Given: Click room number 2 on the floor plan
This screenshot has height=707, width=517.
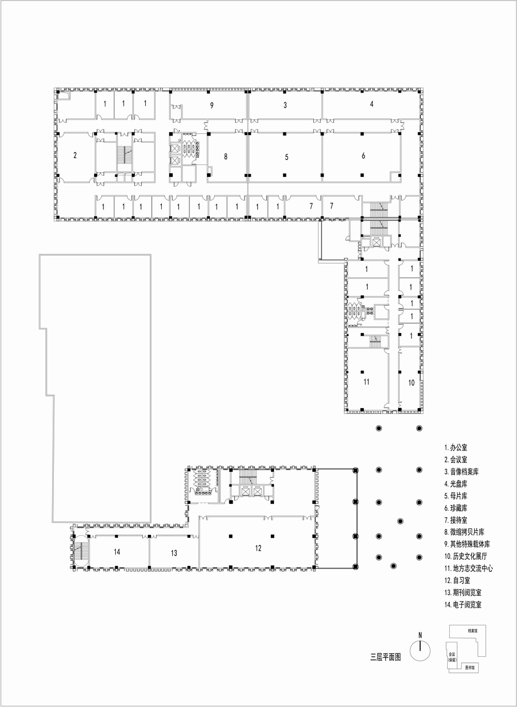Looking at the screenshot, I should click(75, 155).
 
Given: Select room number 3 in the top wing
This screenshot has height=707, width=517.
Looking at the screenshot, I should click(285, 106).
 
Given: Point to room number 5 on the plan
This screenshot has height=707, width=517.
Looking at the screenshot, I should click(286, 157).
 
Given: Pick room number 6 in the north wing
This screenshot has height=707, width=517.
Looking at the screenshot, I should click(363, 156).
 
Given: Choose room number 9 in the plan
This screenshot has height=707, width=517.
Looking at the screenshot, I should click(211, 106).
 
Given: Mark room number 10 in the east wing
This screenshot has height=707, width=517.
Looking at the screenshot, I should click(412, 383).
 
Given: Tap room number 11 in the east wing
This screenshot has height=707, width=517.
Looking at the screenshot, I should click(367, 382).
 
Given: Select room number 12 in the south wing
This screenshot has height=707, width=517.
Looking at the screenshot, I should click(258, 548).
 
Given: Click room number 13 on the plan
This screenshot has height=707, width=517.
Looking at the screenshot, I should click(174, 553).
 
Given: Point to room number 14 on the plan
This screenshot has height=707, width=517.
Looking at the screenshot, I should click(117, 552).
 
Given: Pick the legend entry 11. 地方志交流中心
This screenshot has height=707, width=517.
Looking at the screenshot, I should click(468, 568).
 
